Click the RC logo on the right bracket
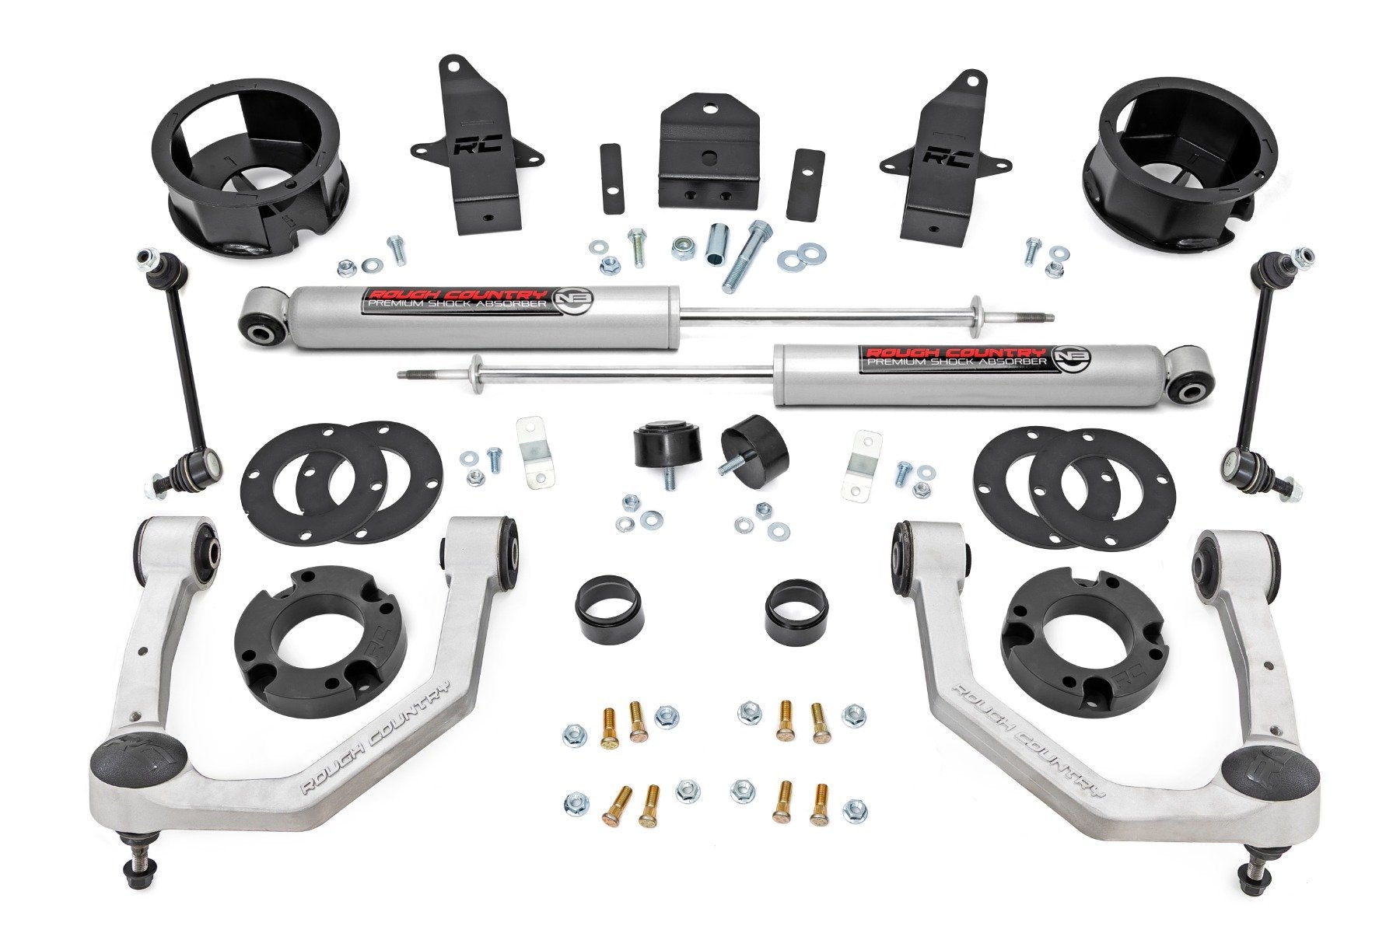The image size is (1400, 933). click(941, 158)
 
